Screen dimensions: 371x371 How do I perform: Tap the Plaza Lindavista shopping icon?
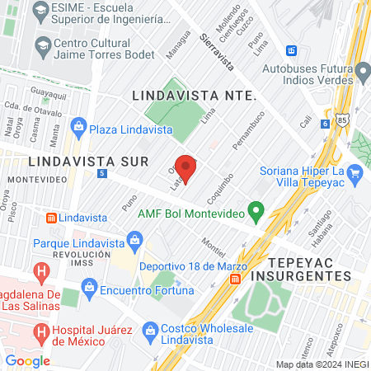pos(78,125)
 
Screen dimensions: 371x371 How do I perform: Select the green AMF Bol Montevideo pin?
pos(256,214)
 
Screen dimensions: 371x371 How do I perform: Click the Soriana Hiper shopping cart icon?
pos(355,171)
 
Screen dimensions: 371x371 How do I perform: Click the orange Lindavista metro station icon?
pos(52,217)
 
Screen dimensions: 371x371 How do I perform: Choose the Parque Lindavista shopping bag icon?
pos(134,242)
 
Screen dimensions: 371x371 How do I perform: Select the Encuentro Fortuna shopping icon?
pos(88,290)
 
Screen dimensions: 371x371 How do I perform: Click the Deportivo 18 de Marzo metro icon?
pos(237,279)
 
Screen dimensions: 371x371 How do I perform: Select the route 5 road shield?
pos(101,174)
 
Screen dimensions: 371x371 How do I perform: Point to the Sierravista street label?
pos(217,50)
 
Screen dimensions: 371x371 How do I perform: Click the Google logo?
pos(27,360)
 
